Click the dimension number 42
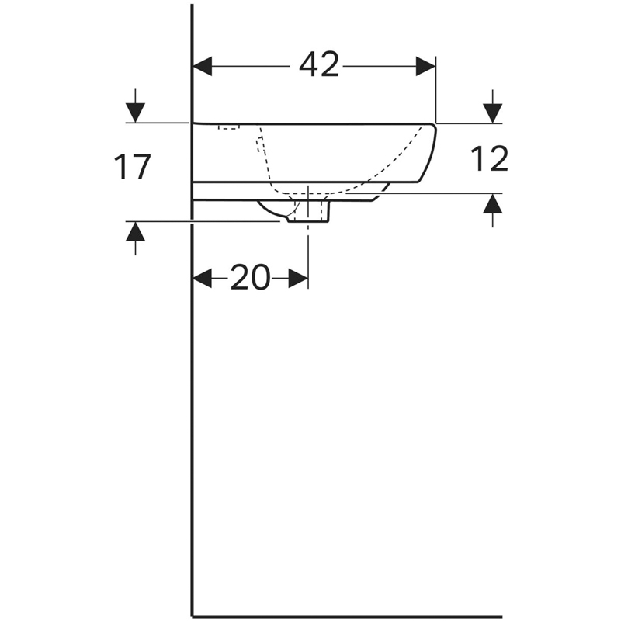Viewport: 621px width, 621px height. [319, 64]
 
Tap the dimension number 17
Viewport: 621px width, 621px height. [132, 167]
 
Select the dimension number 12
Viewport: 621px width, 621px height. [490, 158]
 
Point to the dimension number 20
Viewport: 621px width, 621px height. [250, 277]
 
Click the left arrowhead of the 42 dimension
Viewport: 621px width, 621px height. [202, 66]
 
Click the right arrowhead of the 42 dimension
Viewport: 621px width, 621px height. [425, 66]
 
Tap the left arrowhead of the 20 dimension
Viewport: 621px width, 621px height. [202, 279]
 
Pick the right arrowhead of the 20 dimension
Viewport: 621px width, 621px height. [298, 279]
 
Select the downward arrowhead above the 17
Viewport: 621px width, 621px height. [135, 113]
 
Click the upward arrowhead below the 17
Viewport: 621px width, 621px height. [135, 231]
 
